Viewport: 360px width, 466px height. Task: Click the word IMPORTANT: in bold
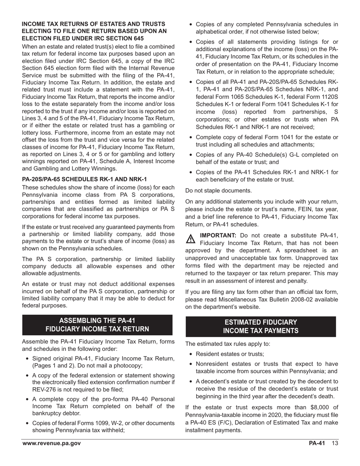[218, 235]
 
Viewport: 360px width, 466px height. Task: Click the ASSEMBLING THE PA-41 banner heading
[97, 325]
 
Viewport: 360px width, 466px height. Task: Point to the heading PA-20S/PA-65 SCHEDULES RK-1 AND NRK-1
[84, 179]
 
